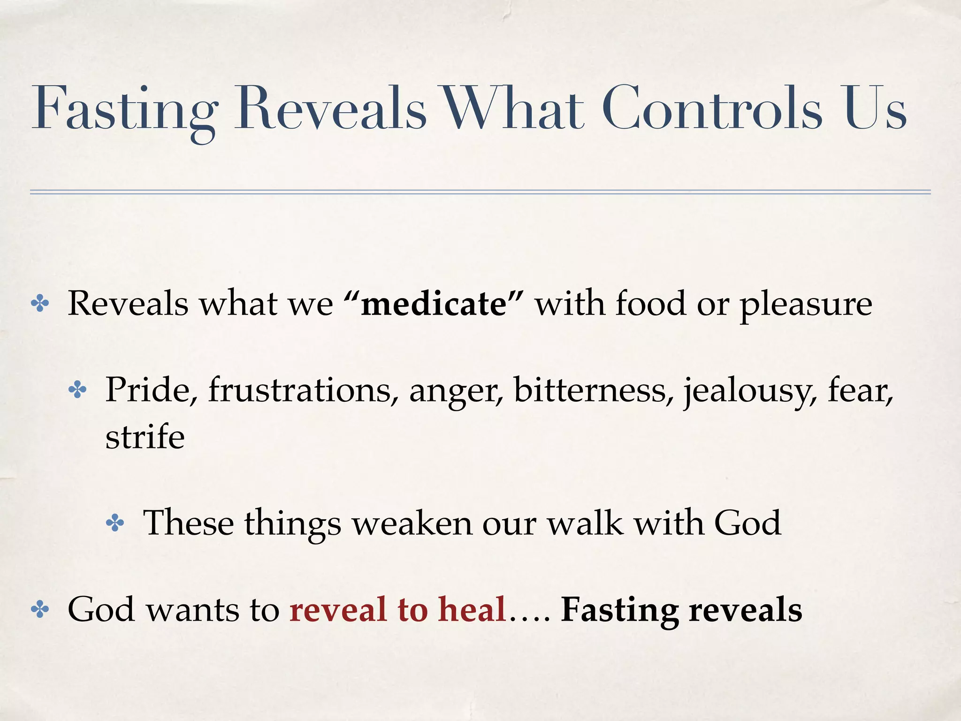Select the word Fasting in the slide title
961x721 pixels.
coord(125,110)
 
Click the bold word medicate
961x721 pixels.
coord(434,304)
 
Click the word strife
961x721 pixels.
coord(145,437)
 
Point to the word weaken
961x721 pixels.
coord(412,523)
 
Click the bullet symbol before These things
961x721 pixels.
coord(115,523)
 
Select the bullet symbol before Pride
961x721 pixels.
coord(77,390)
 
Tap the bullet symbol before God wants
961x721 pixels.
coord(40,610)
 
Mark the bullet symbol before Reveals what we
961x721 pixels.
coord(40,304)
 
